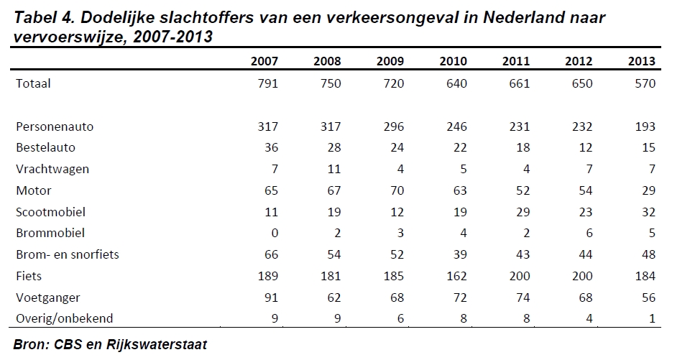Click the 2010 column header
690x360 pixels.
pos(453,60)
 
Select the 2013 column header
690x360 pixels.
pos(641,60)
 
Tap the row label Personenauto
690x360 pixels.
pos(55,126)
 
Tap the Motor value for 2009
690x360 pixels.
pos(393,190)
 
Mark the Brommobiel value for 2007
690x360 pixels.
pos(273,234)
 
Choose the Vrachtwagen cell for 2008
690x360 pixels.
pos(333,170)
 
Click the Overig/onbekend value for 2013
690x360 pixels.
pos(651,318)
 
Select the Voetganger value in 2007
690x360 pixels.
pos(268,297)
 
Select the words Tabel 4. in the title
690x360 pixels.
pos(44,18)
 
